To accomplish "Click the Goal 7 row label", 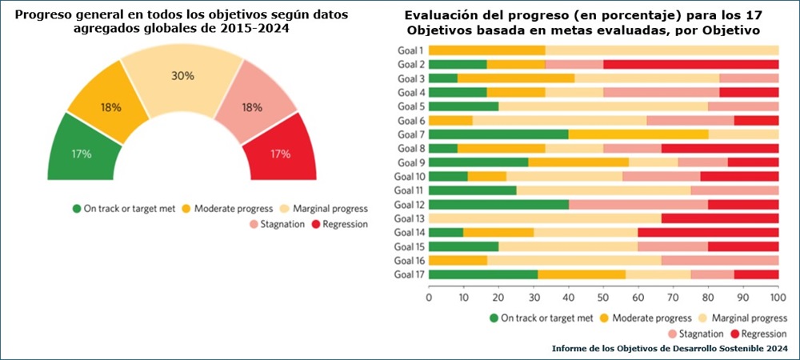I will pyautogui.click(x=410, y=134).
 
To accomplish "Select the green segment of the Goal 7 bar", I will pyautogui.click(x=498, y=134).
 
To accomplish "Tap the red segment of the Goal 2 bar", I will pyautogui.click(x=690, y=64).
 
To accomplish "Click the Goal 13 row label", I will pyautogui.click(x=410, y=218).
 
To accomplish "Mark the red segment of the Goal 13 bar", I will pyautogui.click(x=719, y=218).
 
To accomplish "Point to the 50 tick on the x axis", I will pyautogui.click(x=604, y=297).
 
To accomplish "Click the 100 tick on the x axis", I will pyautogui.click(x=777, y=297).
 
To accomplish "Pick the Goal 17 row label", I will pyautogui.click(x=410, y=274).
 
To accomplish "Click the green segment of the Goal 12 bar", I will pyautogui.click(x=498, y=204).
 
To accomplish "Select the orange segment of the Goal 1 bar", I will pyautogui.click(x=487, y=50).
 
